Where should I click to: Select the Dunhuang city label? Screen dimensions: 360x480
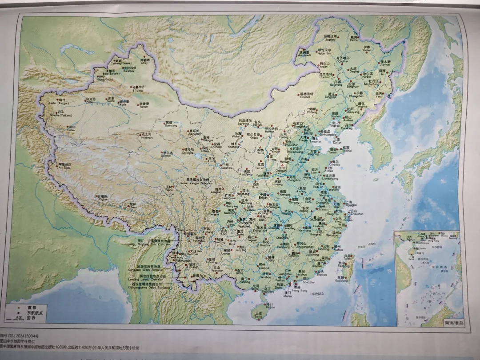(171, 125)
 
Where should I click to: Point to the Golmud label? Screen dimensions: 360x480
(166, 155)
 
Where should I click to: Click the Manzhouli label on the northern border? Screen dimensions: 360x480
(304, 54)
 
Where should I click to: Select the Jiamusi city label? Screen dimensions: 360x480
(385, 63)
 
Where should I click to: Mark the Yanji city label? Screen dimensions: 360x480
(379, 95)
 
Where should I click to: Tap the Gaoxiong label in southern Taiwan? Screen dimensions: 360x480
(341, 279)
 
